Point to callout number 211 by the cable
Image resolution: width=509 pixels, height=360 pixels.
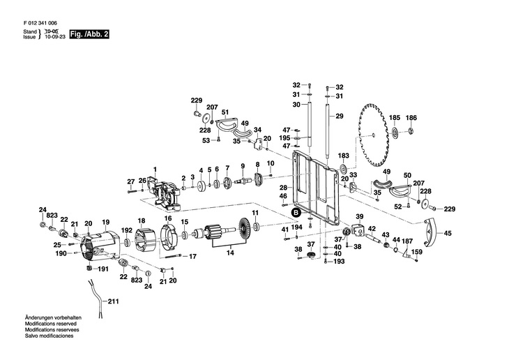point(114,302)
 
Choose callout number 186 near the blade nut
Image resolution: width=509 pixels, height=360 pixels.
point(411,117)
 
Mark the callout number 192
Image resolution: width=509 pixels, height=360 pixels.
point(127,230)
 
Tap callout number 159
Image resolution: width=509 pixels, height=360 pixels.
point(416,252)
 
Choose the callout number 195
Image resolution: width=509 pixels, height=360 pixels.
point(284,138)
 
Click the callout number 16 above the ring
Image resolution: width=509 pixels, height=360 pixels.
point(167,218)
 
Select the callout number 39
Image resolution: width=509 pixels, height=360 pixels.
point(360,216)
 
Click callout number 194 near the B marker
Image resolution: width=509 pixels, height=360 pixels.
point(296,227)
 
